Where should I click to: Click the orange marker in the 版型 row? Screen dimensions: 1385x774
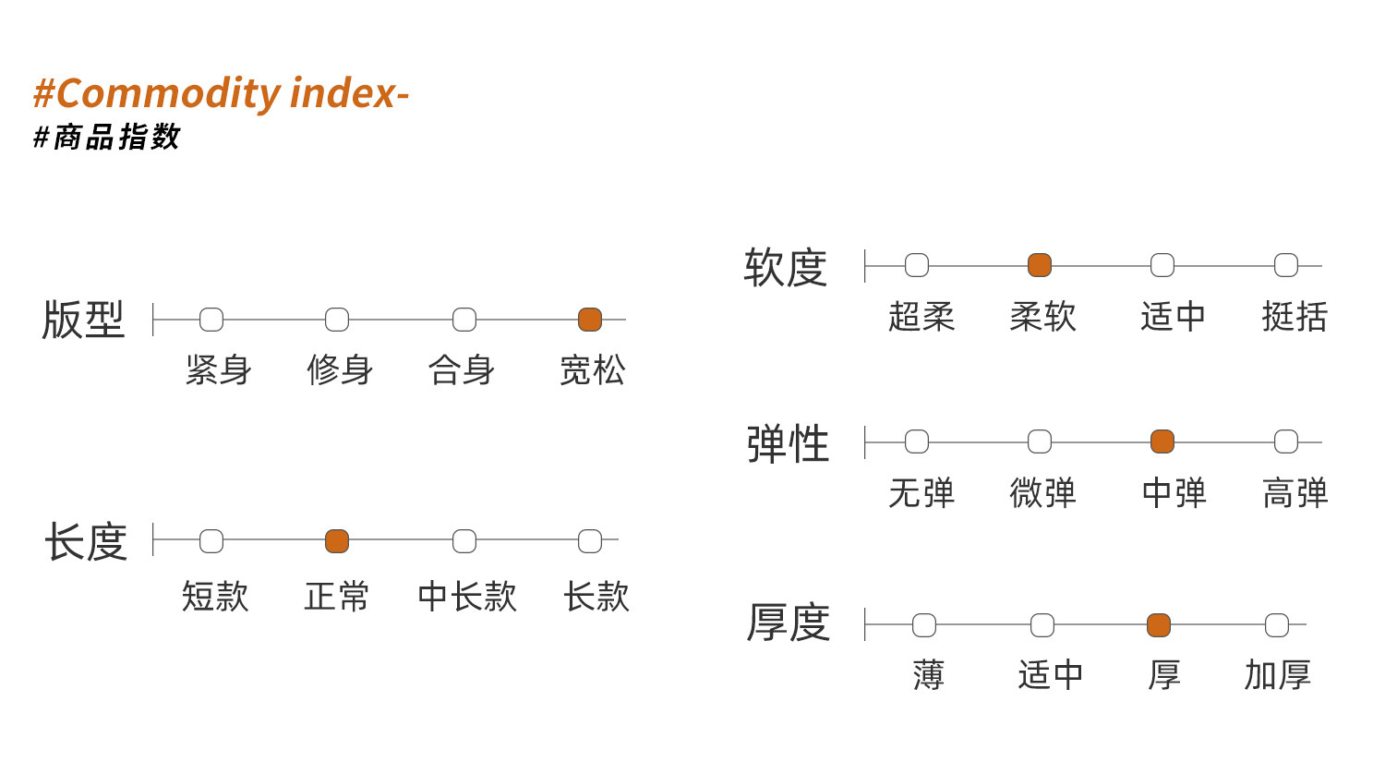590,320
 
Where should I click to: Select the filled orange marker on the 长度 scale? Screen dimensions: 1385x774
337,540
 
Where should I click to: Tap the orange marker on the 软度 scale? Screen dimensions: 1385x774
1040,265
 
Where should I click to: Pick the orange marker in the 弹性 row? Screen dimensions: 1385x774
1162,441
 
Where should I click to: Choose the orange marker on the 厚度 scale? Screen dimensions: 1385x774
1159,625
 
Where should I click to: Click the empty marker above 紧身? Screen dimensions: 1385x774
211,320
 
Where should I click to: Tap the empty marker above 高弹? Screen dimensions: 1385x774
1286,441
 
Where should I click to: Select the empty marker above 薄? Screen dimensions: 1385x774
924,625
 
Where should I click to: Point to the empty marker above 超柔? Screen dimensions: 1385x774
917,265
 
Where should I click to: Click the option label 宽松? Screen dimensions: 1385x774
593,370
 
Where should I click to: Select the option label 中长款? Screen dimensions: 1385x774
467,597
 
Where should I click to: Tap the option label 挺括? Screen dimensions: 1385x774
1295,317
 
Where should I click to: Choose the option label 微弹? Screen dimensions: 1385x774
1043,493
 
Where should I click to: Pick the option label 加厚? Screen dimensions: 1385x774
1277,674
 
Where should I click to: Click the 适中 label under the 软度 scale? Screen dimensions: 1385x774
1173,317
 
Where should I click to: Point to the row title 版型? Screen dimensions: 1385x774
83,320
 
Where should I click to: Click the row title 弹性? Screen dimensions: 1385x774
788,444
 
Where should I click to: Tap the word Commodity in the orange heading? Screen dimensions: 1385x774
169,94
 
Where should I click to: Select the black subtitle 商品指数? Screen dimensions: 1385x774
116,137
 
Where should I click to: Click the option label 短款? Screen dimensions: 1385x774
215,597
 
